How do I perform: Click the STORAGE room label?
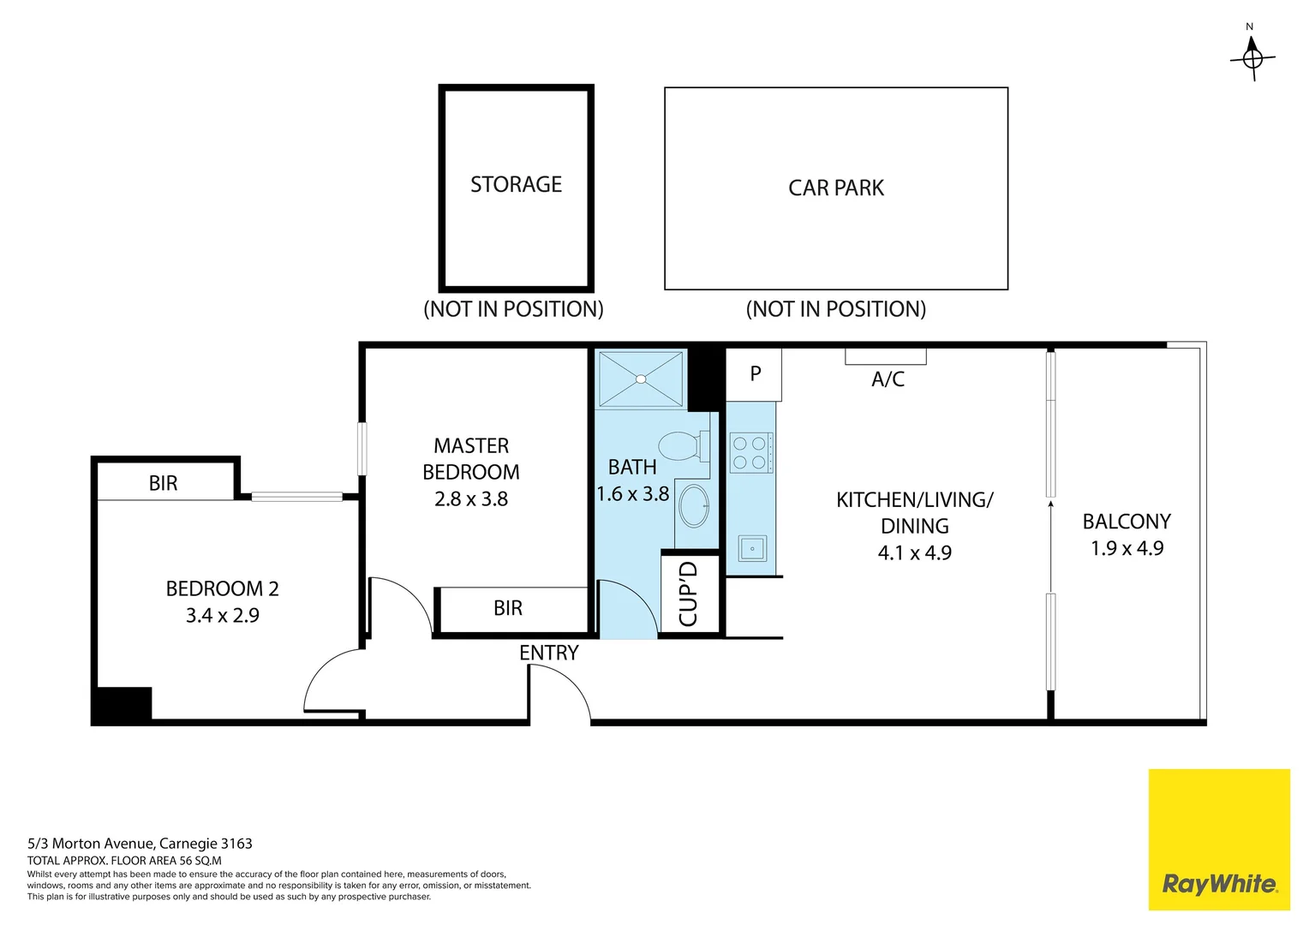(516, 185)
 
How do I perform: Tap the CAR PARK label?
(835, 188)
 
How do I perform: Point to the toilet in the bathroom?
(682, 446)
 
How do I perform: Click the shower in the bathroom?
(641, 379)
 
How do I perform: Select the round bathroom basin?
(694, 506)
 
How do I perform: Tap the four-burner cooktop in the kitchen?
(750, 453)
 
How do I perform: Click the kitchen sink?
(752, 548)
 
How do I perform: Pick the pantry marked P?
(755, 374)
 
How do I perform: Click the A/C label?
(888, 379)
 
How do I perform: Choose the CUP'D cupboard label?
(689, 594)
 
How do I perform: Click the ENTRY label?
(549, 653)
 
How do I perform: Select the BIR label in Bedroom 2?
(163, 484)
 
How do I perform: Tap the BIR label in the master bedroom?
(508, 608)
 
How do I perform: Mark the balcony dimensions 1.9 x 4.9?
(1127, 549)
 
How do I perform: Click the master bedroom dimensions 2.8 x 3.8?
(471, 499)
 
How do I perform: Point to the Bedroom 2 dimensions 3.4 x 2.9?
(223, 616)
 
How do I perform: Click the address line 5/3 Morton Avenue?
(140, 844)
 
